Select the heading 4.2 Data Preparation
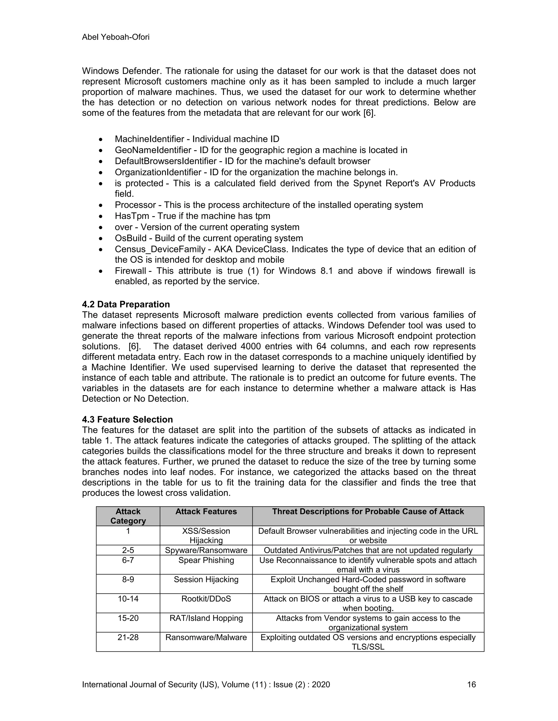(x=126, y=304)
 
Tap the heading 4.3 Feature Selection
(x=127, y=419)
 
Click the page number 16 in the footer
(x=471, y=684)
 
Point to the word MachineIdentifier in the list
(x=149, y=139)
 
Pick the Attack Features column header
(x=206, y=512)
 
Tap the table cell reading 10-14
(x=128, y=599)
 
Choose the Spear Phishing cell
(x=206, y=560)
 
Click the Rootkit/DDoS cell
(x=206, y=599)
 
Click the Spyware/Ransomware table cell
(x=206, y=550)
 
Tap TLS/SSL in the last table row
(x=368, y=647)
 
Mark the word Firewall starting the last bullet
(x=130, y=271)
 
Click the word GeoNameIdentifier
(x=153, y=150)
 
